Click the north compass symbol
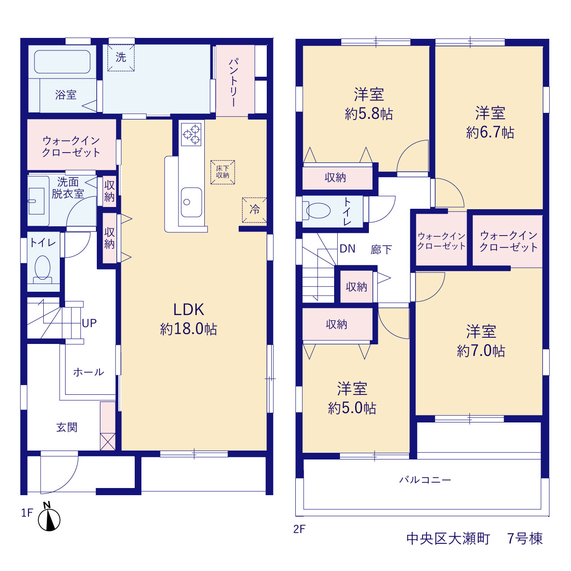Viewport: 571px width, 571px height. pos(49,520)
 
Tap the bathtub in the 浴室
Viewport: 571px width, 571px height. pos(62,62)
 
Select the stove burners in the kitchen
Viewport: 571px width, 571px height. pos(191,135)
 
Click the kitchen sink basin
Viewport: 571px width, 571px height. pos(191,202)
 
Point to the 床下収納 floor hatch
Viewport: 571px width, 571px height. pos(223,172)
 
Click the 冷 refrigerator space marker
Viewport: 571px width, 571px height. pos(254,210)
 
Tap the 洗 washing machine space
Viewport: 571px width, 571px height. pos(121,58)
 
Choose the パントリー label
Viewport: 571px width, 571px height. pos(233,82)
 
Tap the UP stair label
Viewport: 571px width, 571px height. pos(89,323)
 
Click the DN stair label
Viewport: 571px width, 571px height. pos(347,248)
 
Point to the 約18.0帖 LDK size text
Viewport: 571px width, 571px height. pos(189,329)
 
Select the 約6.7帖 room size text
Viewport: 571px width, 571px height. pos(490,132)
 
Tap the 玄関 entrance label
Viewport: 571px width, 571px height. pos(67,428)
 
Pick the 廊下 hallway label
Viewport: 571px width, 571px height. pos(381,250)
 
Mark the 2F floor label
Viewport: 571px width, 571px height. pos(299,529)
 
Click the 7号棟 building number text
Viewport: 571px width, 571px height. pos(525,538)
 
